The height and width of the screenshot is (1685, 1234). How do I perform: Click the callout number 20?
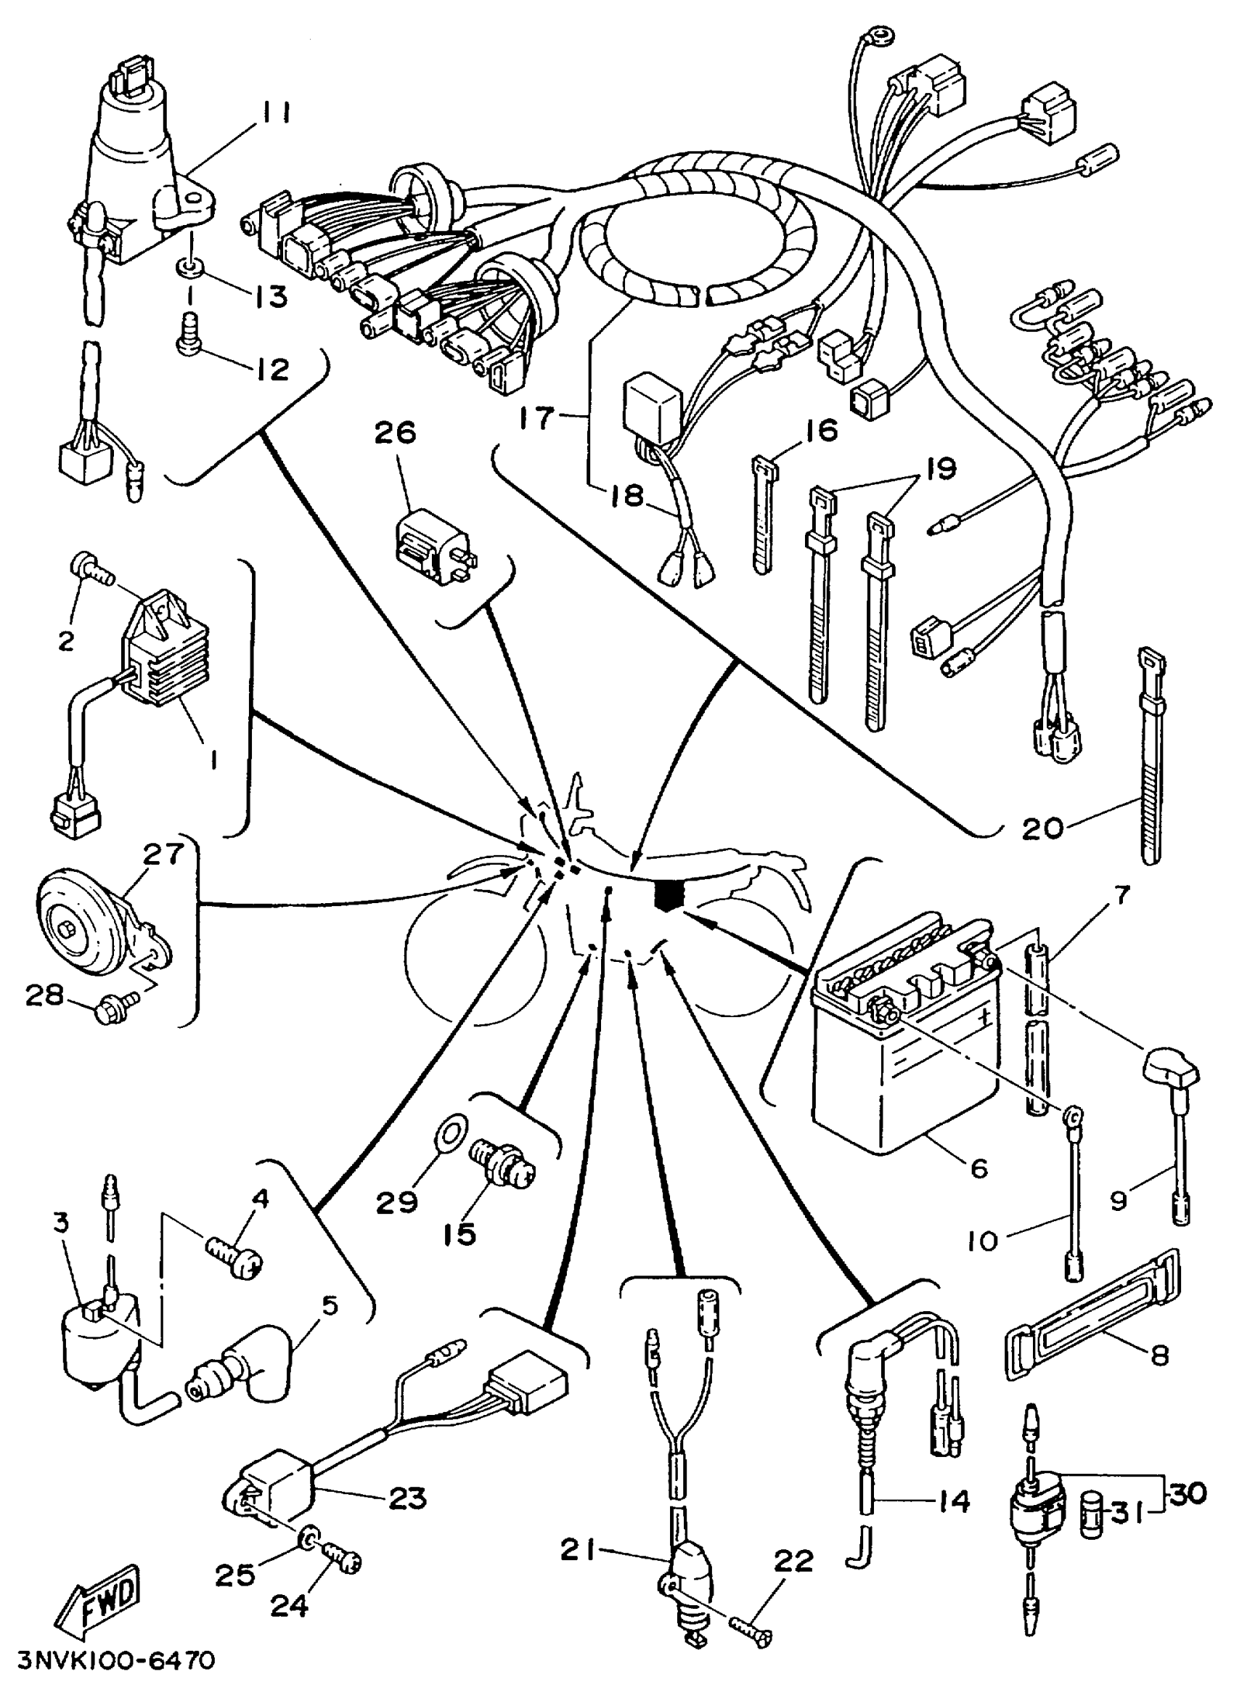pos(1042,828)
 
